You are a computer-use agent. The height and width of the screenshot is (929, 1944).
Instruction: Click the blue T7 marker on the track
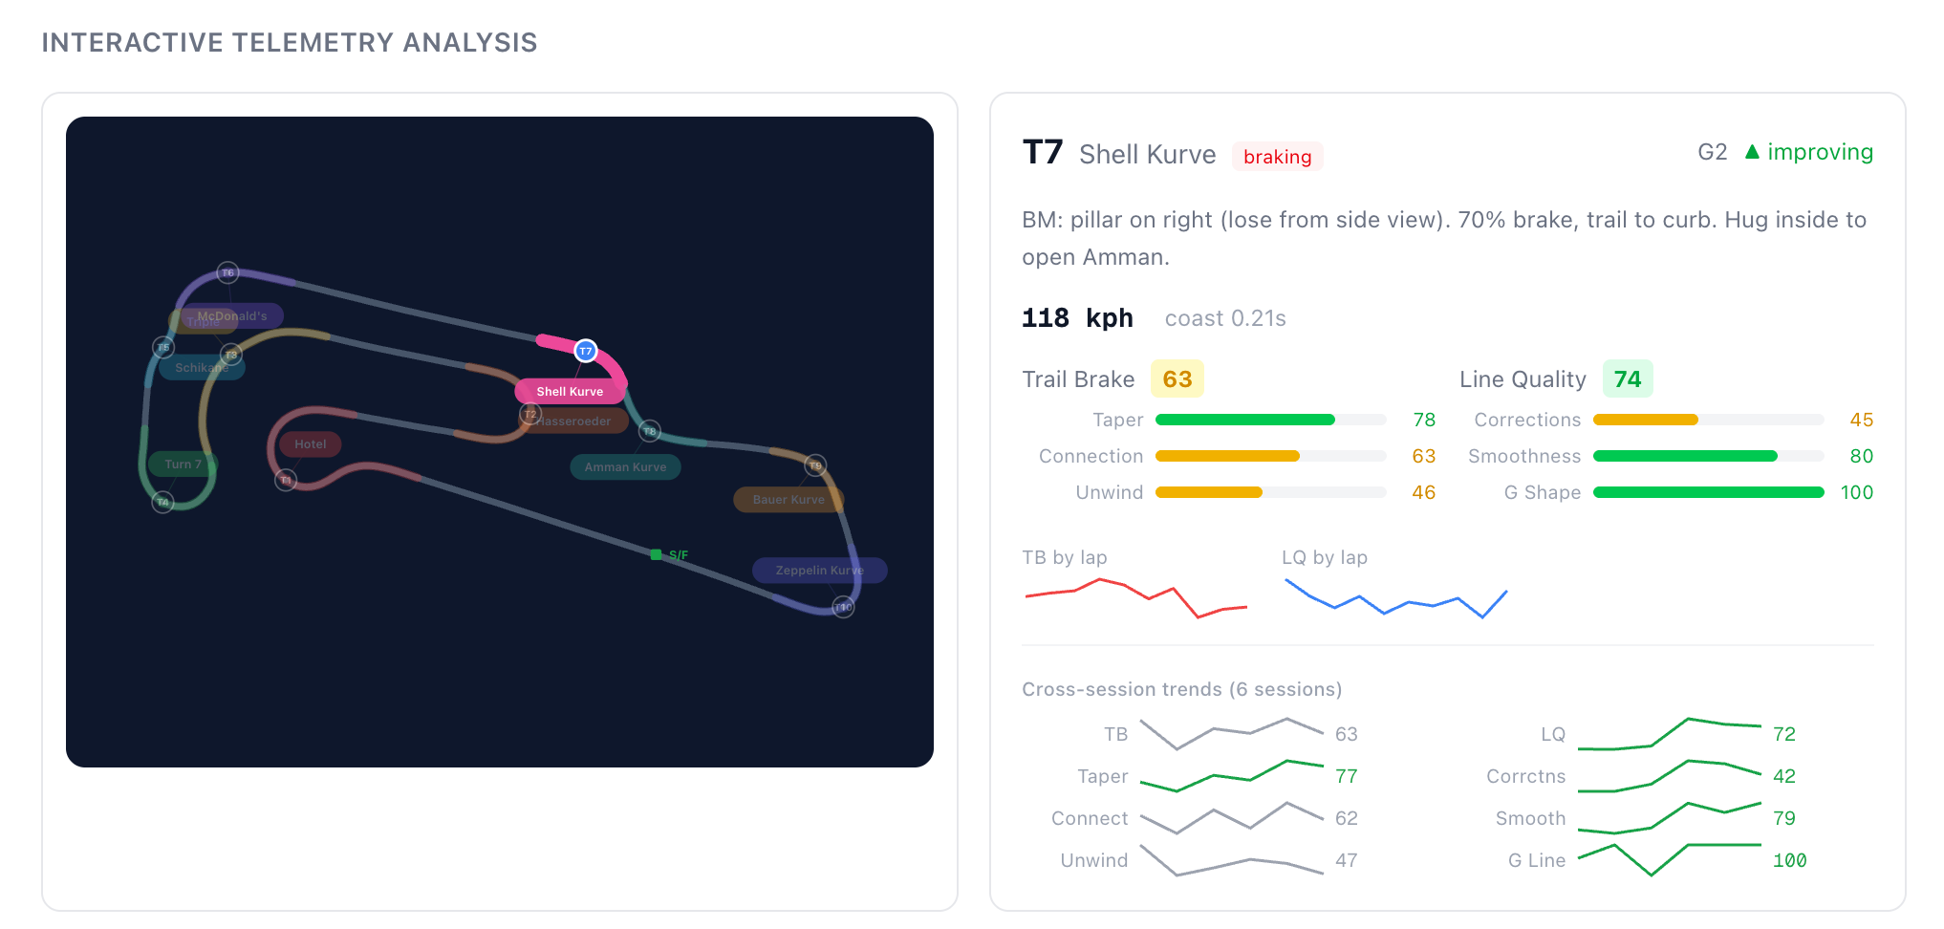click(586, 351)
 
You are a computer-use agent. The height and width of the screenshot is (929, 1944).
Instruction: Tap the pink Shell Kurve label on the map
click(570, 391)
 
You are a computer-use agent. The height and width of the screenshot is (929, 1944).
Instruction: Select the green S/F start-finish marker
click(657, 554)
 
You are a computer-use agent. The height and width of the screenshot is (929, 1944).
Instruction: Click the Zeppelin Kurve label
click(819, 571)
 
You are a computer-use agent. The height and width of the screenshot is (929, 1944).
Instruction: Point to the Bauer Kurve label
click(788, 499)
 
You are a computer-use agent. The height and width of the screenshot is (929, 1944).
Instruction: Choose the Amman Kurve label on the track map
click(625, 467)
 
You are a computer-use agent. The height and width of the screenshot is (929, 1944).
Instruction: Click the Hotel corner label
click(310, 444)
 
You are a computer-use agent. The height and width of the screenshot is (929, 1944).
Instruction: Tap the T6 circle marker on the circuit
click(227, 273)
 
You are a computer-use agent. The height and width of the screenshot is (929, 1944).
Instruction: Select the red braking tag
click(1277, 157)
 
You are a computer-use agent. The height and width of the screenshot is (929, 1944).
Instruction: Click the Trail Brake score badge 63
click(1177, 379)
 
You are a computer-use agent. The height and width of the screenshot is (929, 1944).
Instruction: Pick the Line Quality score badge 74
click(1627, 379)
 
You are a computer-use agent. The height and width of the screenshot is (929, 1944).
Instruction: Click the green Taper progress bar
click(1244, 420)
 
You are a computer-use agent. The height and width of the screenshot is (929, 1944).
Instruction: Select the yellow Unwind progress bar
click(1209, 492)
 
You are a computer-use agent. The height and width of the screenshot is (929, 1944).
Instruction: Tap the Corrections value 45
click(1861, 420)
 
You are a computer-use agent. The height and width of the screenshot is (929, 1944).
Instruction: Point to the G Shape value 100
click(1856, 492)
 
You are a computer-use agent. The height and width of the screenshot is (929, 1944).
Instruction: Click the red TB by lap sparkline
click(1135, 596)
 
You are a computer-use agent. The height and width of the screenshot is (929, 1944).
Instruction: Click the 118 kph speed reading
click(1077, 318)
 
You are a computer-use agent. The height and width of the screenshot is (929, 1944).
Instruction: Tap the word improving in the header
click(1820, 152)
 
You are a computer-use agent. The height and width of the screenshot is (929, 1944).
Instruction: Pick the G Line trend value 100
click(1789, 860)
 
